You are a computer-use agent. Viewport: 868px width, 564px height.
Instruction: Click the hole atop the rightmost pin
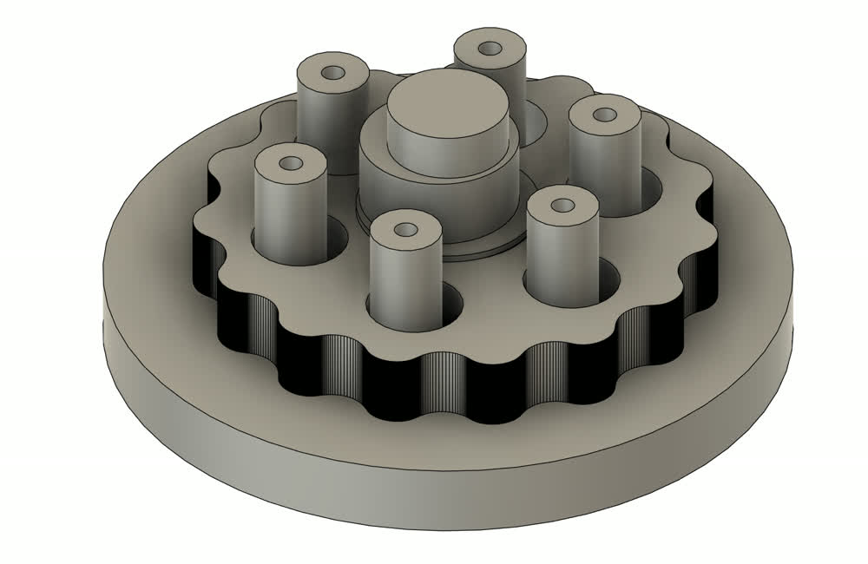[605, 112]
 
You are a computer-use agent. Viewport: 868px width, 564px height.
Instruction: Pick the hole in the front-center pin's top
[405, 230]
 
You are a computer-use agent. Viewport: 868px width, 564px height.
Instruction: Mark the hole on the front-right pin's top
[562, 206]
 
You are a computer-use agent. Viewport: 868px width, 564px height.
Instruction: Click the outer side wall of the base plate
[434, 495]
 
